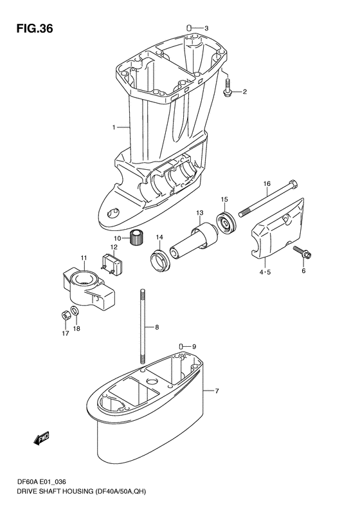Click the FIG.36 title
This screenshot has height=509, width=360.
tap(35, 29)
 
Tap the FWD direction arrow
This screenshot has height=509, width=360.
tap(41, 438)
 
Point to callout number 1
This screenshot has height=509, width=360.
tap(114, 127)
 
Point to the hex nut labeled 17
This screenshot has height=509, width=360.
tap(64, 315)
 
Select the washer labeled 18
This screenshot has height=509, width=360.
tap(75, 310)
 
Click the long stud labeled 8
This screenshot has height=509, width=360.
tap(142, 326)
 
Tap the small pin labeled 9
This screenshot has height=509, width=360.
tap(182, 346)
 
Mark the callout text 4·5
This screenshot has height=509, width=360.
tap(265, 272)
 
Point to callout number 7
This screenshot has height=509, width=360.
tap(217, 391)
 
